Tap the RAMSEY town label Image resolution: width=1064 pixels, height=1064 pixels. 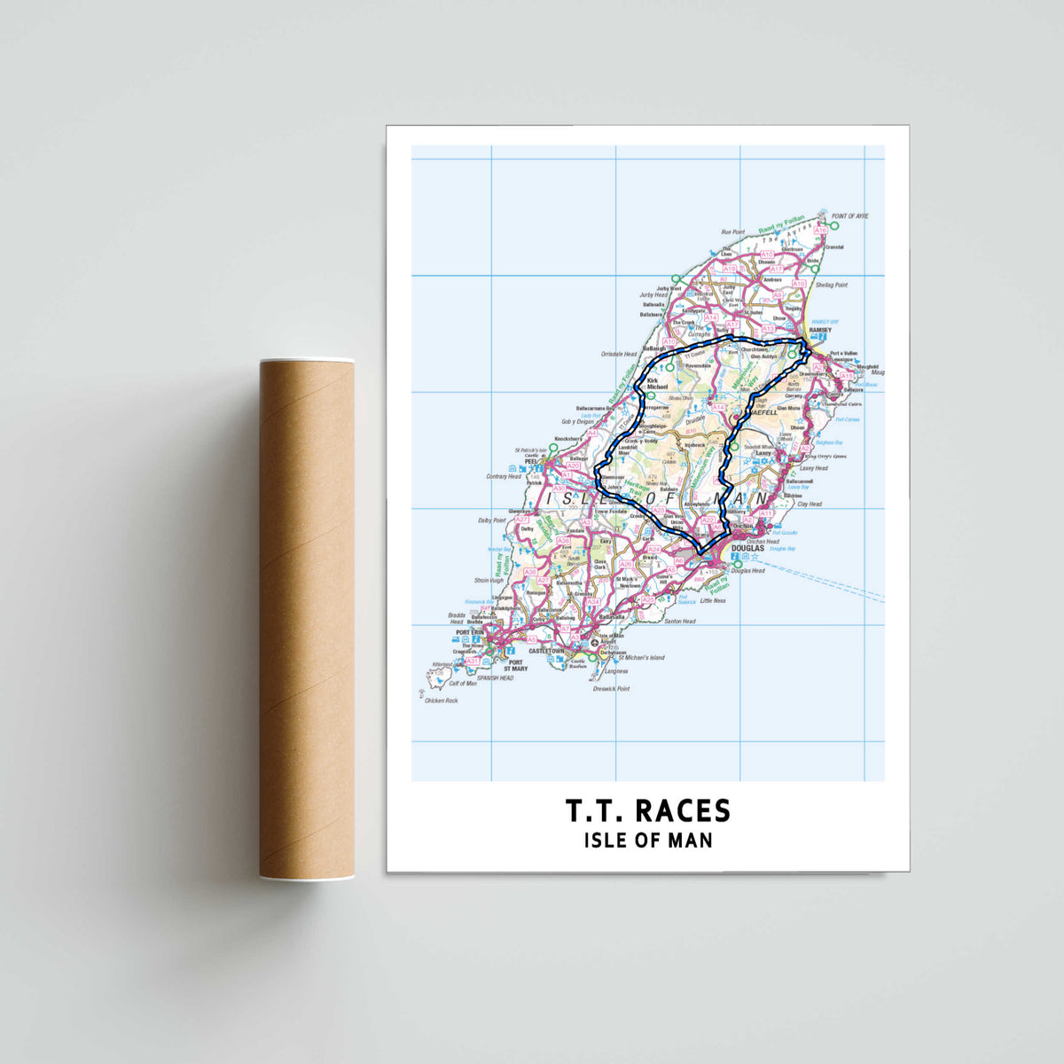818,330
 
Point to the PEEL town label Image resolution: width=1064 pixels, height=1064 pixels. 532,462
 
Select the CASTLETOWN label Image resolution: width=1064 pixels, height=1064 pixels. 546,651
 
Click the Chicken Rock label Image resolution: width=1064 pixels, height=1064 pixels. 441,700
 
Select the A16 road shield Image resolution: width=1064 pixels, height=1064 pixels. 821,230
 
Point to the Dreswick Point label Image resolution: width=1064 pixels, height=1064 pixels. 611,688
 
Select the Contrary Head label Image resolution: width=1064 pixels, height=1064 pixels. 503,476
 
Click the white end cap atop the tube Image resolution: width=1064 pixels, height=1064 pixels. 307,361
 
